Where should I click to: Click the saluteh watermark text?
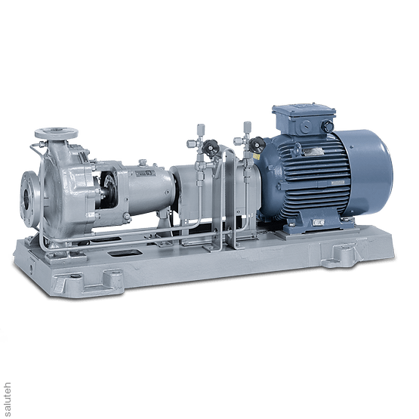pos(8,400)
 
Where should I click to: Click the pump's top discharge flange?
pos(57,133)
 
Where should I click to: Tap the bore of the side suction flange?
pos(26,198)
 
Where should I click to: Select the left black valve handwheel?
pos(208,146)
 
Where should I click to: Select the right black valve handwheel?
pos(257,143)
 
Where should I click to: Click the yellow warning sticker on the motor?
pos(256,157)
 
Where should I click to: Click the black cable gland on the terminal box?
pos(327,125)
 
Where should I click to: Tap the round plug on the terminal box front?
pos(306,125)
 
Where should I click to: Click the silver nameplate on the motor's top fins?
pos(313,152)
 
